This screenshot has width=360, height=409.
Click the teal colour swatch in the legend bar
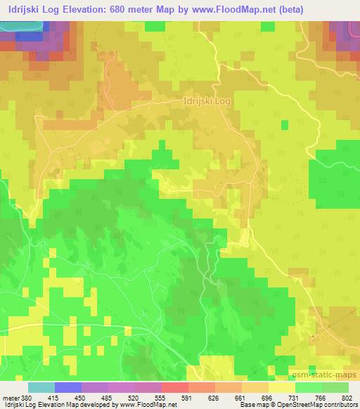(41, 387)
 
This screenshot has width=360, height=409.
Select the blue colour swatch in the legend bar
(67, 387)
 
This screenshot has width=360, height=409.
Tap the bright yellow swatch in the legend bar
(281, 387)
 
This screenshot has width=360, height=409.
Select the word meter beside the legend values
(11, 398)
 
